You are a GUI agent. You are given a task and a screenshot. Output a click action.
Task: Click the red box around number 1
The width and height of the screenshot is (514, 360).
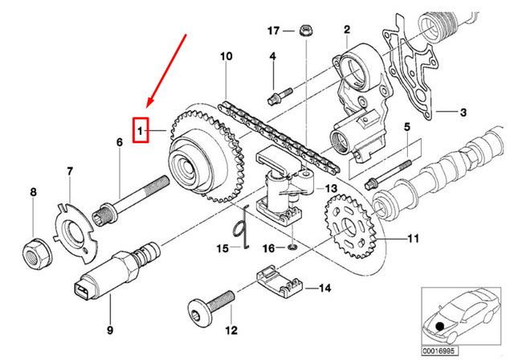click(x=141, y=129)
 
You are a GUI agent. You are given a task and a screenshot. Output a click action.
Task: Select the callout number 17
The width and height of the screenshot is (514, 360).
click(x=274, y=31)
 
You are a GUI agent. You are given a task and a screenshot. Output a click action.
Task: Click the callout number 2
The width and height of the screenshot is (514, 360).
click(x=346, y=30)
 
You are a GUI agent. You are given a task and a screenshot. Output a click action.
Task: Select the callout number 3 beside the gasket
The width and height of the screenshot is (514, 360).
click(x=463, y=112)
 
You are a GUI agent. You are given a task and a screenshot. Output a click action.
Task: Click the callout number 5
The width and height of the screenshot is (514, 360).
click(x=406, y=127)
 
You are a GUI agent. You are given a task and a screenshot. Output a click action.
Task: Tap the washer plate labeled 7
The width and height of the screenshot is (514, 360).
click(x=78, y=228)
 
